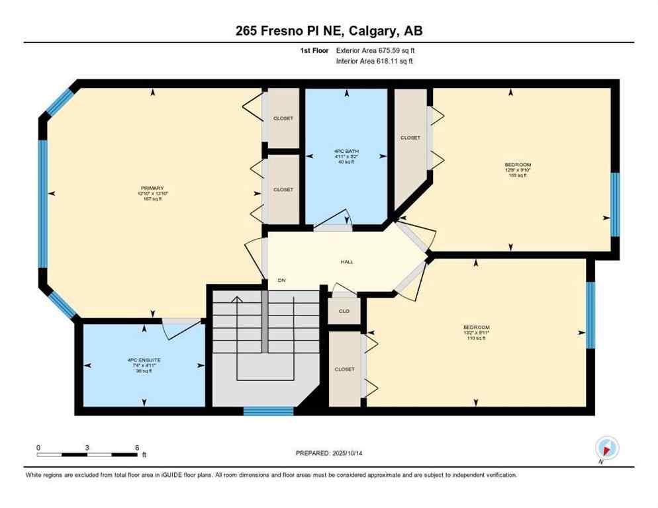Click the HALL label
pyautogui.click(x=346, y=261)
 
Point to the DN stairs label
pyautogui.click(x=281, y=280)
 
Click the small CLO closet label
pyautogui.click(x=344, y=311)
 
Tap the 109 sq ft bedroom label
pyautogui.click(x=518, y=169)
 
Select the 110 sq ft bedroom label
pyautogui.click(x=476, y=333)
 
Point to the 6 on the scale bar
pyautogui.click(x=136, y=447)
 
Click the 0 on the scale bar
pyautogui.click(x=38, y=447)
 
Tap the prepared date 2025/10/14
pyautogui.click(x=329, y=453)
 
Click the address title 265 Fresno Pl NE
pyautogui.click(x=328, y=31)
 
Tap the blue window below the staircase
pyautogui.click(x=268, y=411)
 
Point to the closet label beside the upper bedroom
pyautogui.click(x=410, y=138)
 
